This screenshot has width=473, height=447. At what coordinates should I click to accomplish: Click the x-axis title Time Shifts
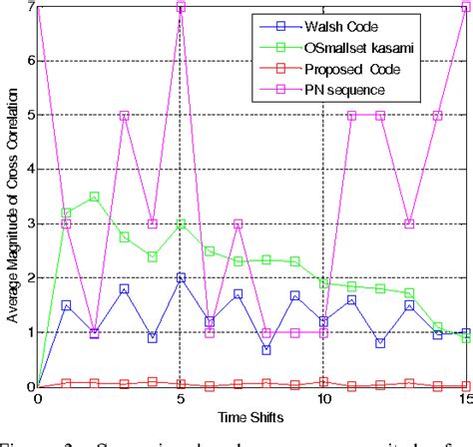pos(251,415)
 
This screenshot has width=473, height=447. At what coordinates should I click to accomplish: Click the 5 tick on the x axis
pos(181,398)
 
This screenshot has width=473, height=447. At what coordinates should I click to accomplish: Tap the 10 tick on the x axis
pos(323,398)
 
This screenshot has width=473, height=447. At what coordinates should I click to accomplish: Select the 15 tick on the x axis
pos(465,398)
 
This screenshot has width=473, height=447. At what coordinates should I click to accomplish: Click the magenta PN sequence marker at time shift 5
pos(181,7)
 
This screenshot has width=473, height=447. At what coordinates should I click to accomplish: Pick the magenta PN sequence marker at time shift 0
pos(38,7)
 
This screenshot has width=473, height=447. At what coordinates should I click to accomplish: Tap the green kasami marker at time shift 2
pos(95,197)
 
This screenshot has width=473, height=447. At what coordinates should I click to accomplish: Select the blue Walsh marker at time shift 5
pos(181,277)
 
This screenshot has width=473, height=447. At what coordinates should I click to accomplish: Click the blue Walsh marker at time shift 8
pos(266,349)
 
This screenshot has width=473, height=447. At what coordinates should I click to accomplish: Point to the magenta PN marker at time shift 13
pos(409,223)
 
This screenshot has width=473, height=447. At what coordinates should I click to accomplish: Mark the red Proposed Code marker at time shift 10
pos(323,380)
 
